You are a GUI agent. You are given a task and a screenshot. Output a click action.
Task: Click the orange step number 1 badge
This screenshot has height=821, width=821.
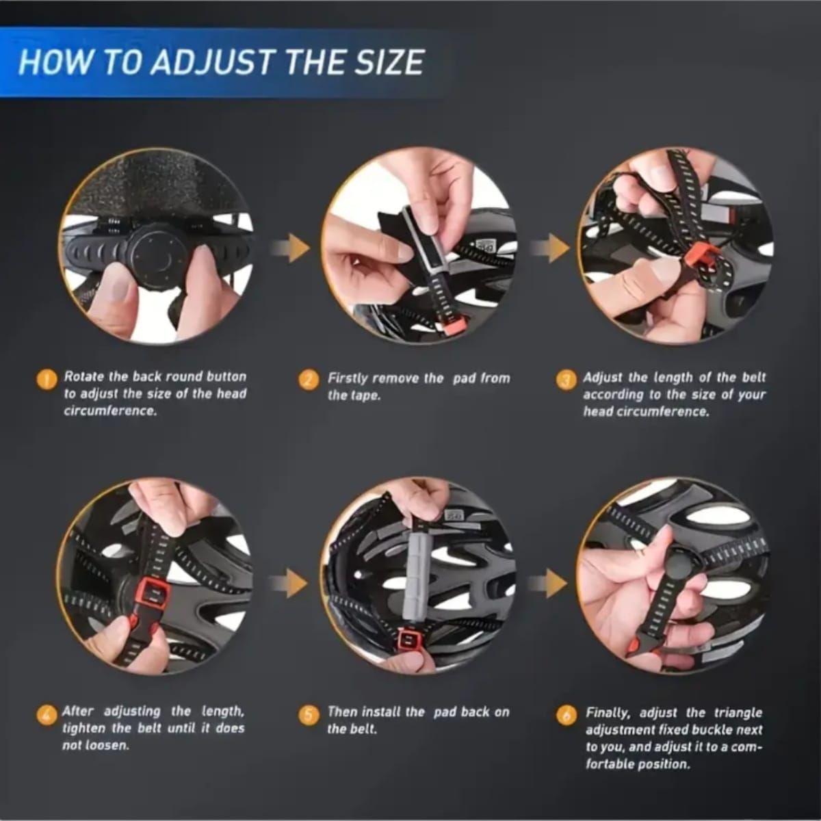[47, 379]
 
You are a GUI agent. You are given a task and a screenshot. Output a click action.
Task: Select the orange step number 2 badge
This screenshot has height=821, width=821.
[308, 379]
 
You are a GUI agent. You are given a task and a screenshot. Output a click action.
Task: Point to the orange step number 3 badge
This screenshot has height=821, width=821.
[566, 380]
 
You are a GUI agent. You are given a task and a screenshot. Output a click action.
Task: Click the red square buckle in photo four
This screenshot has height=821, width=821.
[152, 596]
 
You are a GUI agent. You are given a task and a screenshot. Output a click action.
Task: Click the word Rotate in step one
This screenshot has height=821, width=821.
[83, 377]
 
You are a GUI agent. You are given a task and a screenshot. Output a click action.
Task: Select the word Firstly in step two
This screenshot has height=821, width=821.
[349, 379]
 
